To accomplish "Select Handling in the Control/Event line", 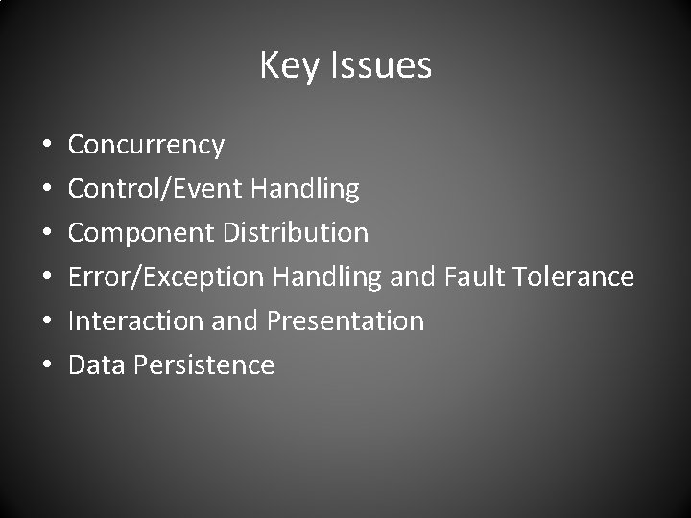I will (304, 189).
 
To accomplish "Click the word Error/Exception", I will (166, 277).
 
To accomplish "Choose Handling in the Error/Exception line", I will (327, 277).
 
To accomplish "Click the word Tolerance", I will (573, 277).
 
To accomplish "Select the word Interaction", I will (135, 320).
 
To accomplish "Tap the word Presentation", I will (345, 320).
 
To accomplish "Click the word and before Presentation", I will (234, 320).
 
